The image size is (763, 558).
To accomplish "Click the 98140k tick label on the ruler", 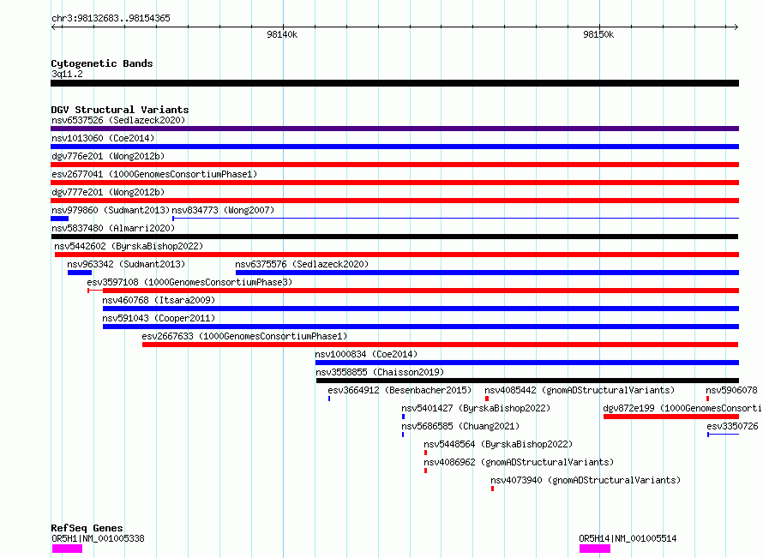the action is pyautogui.click(x=282, y=34).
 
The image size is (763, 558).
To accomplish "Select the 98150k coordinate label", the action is pyautogui.click(x=598, y=34).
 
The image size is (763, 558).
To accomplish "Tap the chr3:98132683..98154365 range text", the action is pyautogui.click(x=111, y=19).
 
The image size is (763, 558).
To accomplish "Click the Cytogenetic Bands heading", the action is pyautogui.click(x=102, y=63).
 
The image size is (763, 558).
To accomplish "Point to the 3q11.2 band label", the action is pyautogui.click(x=67, y=74).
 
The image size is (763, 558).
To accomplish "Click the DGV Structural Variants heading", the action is pyautogui.click(x=120, y=110).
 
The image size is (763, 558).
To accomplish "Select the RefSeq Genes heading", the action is pyautogui.click(x=87, y=528).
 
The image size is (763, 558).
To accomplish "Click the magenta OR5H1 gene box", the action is pyautogui.click(x=67, y=549).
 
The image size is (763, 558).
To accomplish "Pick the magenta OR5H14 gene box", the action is pyautogui.click(x=595, y=549).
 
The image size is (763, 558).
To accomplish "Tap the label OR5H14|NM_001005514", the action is pyautogui.click(x=628, y=538).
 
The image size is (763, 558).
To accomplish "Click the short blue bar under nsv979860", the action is pyautogui.click(x=60, y=219).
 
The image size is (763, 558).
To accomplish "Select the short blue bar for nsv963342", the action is pyautogui.click(x=80, y=273).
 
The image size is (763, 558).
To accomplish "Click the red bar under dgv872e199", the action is pyautogui.click(x=671, y=417).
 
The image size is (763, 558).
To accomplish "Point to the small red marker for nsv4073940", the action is pyautogui.click(x=492, y=489).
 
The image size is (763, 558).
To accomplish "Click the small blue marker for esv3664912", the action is pyautogui.click(x=329, y=399).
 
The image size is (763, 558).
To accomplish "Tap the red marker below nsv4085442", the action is pyautogui.click(x=487, y=399).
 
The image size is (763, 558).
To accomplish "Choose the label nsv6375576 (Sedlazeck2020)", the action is pyautogui.click(x=302, y=264).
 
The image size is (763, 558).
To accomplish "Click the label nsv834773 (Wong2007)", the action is pyautogui.click(x=224, y=210).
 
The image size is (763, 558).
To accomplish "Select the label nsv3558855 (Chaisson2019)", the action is pyautogui.click(x=380, y=372).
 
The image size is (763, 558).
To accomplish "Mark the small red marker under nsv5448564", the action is pyautogui.click(x=426, y=453).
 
